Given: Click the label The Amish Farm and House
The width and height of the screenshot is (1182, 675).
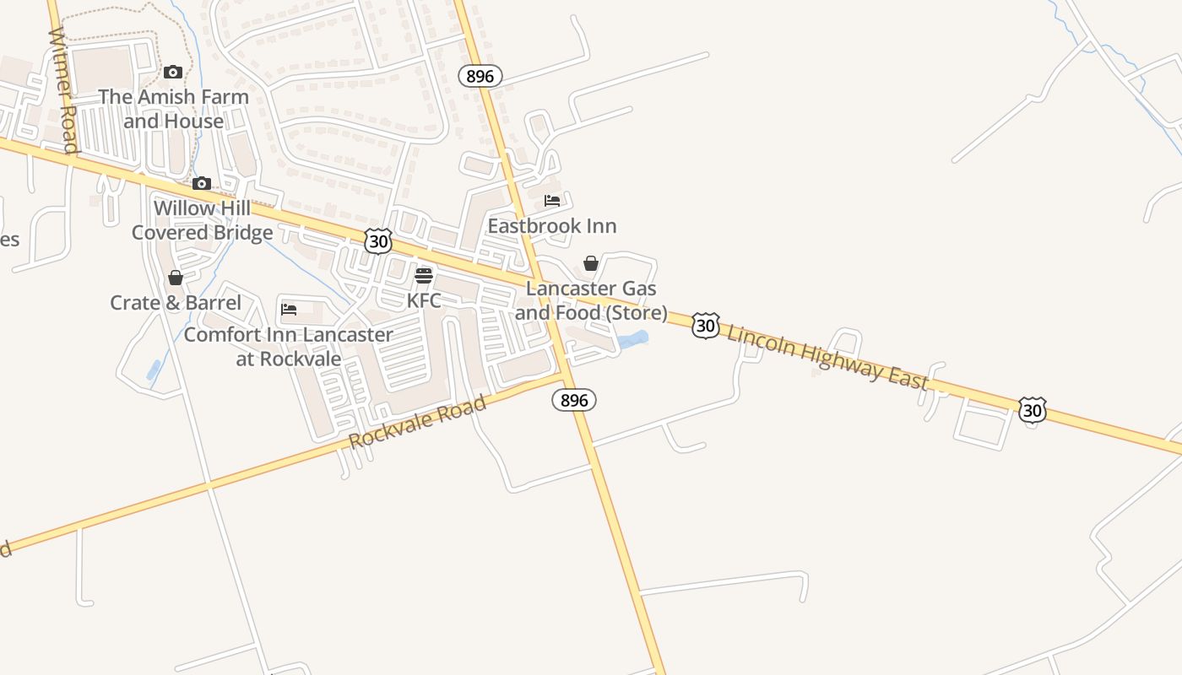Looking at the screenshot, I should click(x=173, y=109).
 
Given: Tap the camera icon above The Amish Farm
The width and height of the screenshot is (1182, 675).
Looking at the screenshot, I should click(x=173, y=73).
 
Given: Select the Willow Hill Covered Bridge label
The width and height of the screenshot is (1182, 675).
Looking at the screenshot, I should click(x=203, y=220).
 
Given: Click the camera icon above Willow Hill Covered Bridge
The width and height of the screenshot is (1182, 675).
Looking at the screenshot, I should click(x=201, y=184).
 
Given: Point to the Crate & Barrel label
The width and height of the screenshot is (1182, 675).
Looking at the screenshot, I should click(x=176, y=303).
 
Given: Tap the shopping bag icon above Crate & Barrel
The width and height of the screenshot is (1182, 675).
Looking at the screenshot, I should click(x=176, y=278).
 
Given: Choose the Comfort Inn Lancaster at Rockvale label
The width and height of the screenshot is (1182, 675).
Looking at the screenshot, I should click(x=289, y=346).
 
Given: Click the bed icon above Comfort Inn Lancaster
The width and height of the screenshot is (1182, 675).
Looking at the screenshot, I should click(x=289, y=310).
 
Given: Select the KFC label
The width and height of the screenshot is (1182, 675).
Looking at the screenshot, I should click(x=424, y=300).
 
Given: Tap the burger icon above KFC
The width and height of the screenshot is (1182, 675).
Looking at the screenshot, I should click(x=424, y=276).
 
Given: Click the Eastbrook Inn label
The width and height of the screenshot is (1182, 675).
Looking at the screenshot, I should click(x=552, y=226).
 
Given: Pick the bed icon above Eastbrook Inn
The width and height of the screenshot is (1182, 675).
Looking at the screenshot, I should click(x=552, y=201).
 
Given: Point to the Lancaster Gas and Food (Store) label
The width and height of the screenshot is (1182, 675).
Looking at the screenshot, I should click(x=591, y=300).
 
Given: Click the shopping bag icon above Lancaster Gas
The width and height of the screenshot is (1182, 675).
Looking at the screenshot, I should click(x=591, y=264).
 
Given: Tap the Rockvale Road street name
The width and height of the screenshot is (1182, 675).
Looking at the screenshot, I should click(x=418, y=422).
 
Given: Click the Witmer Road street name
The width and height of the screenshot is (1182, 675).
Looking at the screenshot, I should click(x=63, y=91).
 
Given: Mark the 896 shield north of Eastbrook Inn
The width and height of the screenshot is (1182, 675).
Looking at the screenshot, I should click(x=480, y=76).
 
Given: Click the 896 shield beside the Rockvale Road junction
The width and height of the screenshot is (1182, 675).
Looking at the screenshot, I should click(x=574, y=400).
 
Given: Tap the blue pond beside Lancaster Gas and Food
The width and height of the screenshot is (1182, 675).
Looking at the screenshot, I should click(x=633, y=340).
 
